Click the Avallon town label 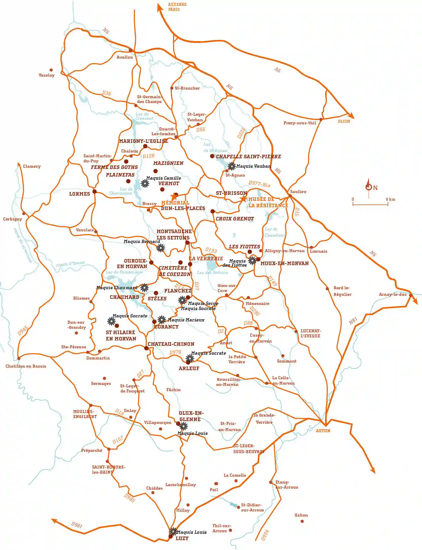point(125,57)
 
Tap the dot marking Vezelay point(51,70)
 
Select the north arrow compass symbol point(369,187)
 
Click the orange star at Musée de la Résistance point(243,199)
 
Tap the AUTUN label point(323,431)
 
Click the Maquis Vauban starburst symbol point(231,166)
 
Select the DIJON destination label point(344,122)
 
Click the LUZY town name point(182,538)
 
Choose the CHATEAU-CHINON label point(171,344)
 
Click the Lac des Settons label point(212,273)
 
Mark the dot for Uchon point(302,521)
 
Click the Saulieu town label point(298,192)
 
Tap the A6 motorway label point(278,70)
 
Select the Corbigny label point(13,219)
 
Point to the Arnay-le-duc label point(393,295)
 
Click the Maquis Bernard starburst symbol point(161,248)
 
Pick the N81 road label point(353,321)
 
